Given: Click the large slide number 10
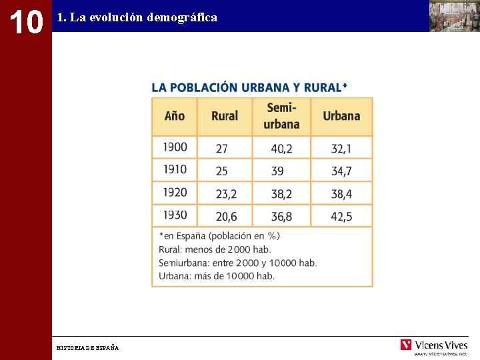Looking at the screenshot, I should pyautogui.click(x=25, y=22).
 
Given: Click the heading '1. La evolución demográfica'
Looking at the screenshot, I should pyautogui.click(x=137, y=18).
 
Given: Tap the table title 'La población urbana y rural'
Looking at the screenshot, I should pyautogui.click(x=249, y=87).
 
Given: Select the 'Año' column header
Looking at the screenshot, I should pyautogui.click(x=175, y=116).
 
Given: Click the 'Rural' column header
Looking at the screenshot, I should pyautogui.click(x=225, y=116).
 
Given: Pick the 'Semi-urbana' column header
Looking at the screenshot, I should pyautogui.click(x=281, y=116).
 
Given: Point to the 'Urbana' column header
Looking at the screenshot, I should pyautogui.click(x=341, y=116).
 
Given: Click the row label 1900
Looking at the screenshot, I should pyautogui.click(x=175, y=147).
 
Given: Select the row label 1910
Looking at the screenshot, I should pyautogui.click(x=175, y=170).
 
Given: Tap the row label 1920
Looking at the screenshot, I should pyautogui.click(x=175, y=193).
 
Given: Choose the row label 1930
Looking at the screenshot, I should pyautogui.click(x=175, y=215).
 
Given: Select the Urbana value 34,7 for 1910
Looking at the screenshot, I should pyautogui.click(x=341, y=171).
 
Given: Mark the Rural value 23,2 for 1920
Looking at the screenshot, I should pyautogui.click(x=226, y=194).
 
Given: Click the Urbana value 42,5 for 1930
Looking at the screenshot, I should pyautogui.click(x=341, y=217).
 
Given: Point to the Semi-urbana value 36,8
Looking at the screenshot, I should pyautogui.click(x=281, y=217).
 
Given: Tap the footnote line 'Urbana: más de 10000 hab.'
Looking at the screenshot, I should pyautogui.click(x=217, y=276).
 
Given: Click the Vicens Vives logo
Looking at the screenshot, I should pyautogui.click(x=434, y=345).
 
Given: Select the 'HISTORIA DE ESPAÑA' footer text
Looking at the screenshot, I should pyautogui.click(x=88, y=348).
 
